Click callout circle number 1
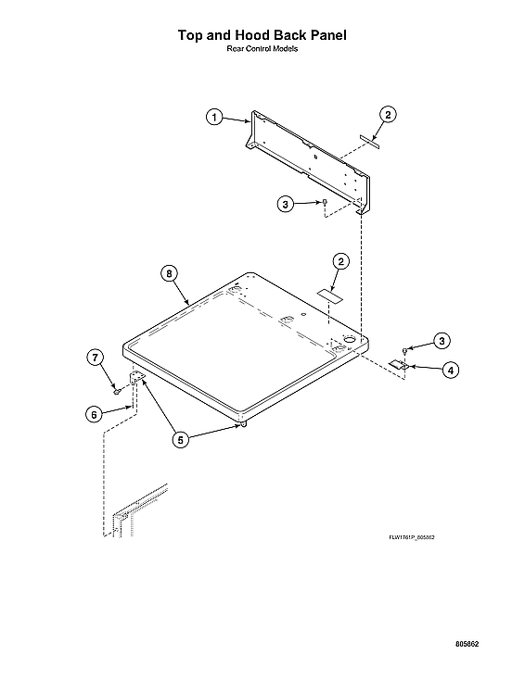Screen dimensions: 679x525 coord(214,118)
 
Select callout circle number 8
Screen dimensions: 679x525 coord(169,273)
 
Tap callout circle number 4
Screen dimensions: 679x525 coord(450,371)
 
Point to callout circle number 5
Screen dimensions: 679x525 coord(182,440)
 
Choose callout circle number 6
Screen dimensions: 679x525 coord(95,414)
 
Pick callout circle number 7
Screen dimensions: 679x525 coord(95,358)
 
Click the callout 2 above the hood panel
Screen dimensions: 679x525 coord(388,115)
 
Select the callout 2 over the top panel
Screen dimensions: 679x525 coord(341,262)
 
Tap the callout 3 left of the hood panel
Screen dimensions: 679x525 coord(288,204)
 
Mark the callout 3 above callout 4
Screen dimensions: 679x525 coord(442,340)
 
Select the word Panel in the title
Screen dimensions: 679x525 coord(326,36)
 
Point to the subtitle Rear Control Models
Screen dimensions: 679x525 coord(262,49)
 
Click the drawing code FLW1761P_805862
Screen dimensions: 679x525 coord(412,536)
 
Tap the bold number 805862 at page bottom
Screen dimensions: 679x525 coord(467,644)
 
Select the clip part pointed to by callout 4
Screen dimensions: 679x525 coord(400,365)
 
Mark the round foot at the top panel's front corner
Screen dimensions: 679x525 coord(240,424)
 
